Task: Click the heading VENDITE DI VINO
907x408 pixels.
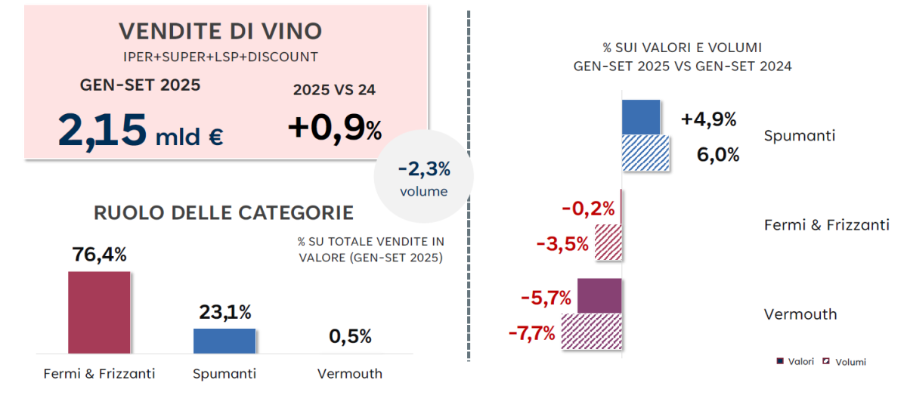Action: click(x=221, y=31)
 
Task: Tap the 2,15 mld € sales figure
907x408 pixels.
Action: click(x=141, y=131)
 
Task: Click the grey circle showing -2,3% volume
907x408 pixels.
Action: click(x=423, y=178)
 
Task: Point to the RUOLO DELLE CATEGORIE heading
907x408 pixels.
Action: click(x=224, y=212)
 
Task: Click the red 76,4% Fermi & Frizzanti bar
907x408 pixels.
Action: click(x=99, y=312)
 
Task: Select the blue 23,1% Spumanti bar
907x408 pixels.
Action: click(x=224, y=341)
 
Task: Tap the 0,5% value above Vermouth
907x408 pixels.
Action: click(x=350, y=336)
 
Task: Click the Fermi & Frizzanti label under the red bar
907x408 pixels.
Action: click(x=99, y=373)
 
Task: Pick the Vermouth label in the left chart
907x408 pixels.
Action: click(x=350, y=373)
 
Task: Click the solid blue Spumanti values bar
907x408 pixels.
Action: click(x=641, y=117)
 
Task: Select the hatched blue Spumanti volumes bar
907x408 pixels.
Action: click(x=645, y=153)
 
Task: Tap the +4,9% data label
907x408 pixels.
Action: click(x=708, y=119)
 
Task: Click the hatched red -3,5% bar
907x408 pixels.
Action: click(x=608, y=243)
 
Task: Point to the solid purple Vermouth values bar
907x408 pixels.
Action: click(x=599, y=295)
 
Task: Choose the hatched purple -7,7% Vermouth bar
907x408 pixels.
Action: click(x=591, y=332)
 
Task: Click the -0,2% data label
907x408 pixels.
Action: click(x=587, y=209)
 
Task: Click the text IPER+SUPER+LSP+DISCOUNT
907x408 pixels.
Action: click(x=220, y=57)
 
